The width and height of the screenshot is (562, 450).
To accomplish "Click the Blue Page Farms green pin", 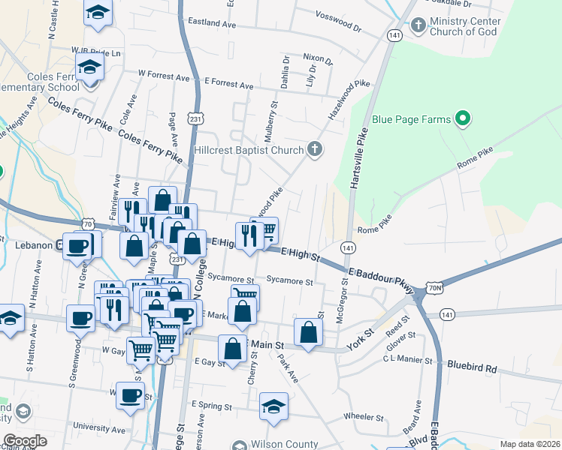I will click(x=464, y=118).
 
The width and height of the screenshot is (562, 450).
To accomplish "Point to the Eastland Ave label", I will click(x=212, y=25).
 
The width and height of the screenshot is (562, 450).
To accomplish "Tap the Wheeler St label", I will click(x=364, y=417).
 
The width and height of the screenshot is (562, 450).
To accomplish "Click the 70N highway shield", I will click(x=434, y=287).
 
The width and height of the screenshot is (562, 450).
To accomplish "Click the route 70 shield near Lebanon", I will click(x=89, y=223).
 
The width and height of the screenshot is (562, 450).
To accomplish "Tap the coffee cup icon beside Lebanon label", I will click(x=77, y=246).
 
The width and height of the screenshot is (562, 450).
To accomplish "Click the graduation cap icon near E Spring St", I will click(x=273, y=406).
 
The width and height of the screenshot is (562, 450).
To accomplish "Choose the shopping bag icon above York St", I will click(x=308, y=331).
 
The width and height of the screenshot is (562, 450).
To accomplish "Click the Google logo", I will click(x=25, y=441).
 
